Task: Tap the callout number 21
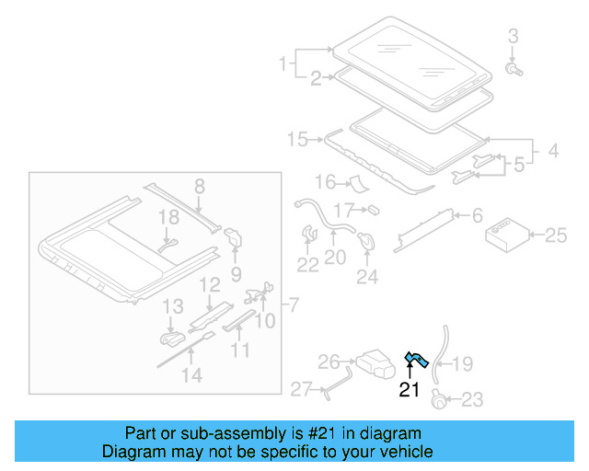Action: click(x=409, y=390)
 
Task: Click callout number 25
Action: click(x=555, y=235)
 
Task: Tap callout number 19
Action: click(x=462, y=364)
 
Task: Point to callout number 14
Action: click(x=191, y=374)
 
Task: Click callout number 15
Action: click(x=297, y=139)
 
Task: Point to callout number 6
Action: click(x=477, y=215)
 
